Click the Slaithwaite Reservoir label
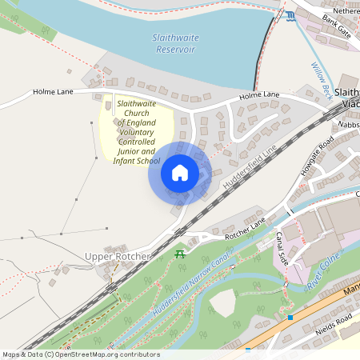(x=174, y=43)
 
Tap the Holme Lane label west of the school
(x=54, y=92)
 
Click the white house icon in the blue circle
(x=180, y=172)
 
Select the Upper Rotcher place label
(x=117, y=256)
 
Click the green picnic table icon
(x=180, y=254)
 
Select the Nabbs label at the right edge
(x=349, y=125)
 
